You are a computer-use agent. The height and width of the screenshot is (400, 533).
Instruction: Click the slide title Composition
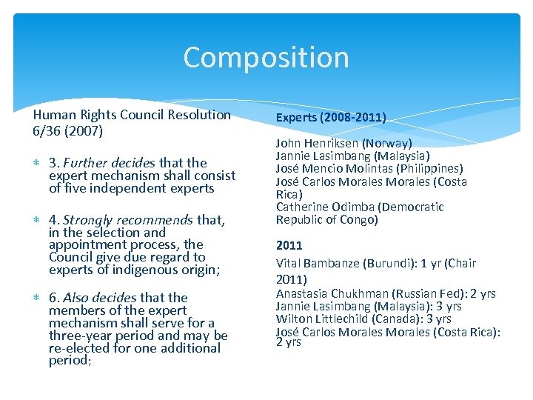(x=266, y=58)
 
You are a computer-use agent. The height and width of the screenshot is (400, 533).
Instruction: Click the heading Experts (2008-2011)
(x=331, y=117)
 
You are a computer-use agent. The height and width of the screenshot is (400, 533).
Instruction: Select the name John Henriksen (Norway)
(x=343, y=143)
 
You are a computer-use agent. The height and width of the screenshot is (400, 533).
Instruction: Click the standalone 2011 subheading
(x=289, y=245)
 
